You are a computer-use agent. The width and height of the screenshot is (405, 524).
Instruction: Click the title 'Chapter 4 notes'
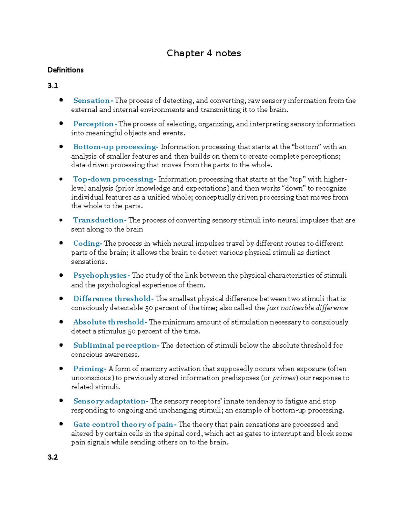click(204, 53)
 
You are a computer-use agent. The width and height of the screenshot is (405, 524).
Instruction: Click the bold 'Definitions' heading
click(65, 70)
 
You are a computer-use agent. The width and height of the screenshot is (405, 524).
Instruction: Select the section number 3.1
click(53, 86)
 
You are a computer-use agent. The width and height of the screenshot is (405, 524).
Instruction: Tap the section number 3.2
click(53, 457)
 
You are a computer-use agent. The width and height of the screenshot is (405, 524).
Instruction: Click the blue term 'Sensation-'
click(93, 101)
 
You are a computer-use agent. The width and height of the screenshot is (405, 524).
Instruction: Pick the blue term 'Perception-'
click(95, 124)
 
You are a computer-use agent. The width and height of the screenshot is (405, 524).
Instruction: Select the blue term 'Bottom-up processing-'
click(116, 147)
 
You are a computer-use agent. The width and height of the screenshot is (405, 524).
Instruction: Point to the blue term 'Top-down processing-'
click(114, 179)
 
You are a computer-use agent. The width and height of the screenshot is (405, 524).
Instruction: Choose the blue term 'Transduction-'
click(100, 220)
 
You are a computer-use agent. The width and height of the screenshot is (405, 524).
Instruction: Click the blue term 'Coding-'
click(88, 243)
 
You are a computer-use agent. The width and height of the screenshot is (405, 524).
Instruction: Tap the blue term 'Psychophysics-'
click(101, 275)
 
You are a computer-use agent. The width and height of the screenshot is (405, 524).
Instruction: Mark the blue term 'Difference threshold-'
click(113, 299)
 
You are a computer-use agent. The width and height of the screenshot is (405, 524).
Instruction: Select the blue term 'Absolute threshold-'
click(110, 322)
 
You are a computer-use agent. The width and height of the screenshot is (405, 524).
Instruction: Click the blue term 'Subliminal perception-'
click(116, 345)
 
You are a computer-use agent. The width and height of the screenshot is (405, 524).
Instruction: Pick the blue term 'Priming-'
click(90, 368)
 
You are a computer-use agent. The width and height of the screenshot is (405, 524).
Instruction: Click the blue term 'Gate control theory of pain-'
click(125, 424)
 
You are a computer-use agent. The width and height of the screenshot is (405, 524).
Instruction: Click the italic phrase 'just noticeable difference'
click(307, 308)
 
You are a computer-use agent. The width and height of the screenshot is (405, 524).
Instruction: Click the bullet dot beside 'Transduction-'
click(61, 220)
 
